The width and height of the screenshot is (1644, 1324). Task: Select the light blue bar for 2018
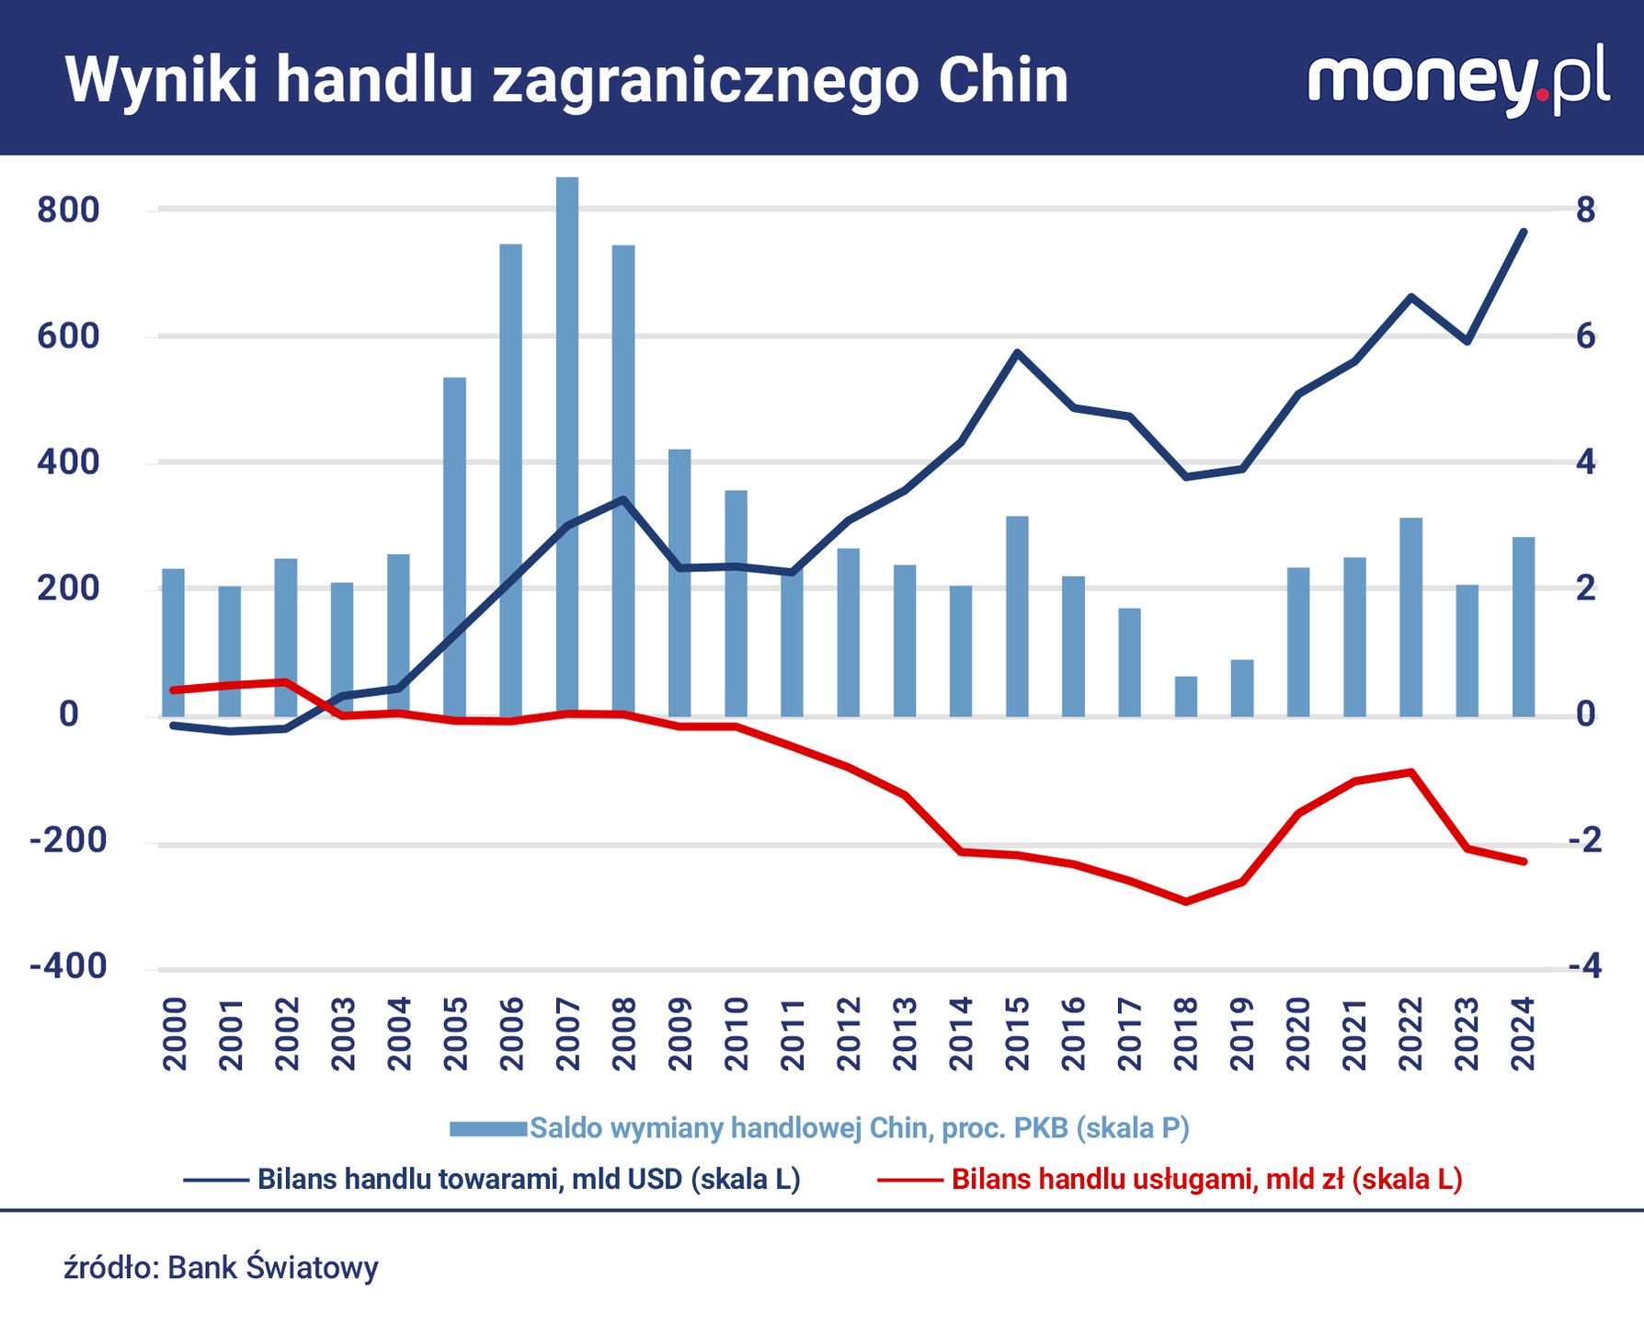pyautogui.click(x=1186, y=696)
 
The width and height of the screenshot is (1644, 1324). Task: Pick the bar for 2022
pyautogui.click(x=1410, y=616)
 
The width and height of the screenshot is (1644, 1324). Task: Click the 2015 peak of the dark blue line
pyautogui.click(x=1017, y=352)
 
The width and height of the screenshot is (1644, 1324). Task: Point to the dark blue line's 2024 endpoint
pyautogui.click(x=1524, y=232)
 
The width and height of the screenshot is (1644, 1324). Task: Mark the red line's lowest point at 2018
pyautogui.click(x=1186, y=901)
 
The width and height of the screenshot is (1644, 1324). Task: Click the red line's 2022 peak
pyautogui.click(x=1410, y=771)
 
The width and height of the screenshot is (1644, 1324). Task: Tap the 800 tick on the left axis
pyautogui.click(x=68, y=210)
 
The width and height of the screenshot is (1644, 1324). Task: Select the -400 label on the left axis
pyautogui.click(x=68, y=966)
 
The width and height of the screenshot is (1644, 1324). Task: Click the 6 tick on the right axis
pyautogui.click(x=1585, y=337)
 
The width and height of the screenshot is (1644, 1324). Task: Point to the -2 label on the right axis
pyautogui.click(x=1584, y=839)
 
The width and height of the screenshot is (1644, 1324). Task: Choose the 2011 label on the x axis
pyautogui.click(x=793, y=1034)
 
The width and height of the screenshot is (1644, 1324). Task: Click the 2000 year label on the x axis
pyautogui.click(x=175, y=1034)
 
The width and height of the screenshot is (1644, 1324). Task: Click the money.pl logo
pyautogui.click(x=1457, y=79)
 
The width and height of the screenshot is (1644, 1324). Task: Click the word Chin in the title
pyautogui.click(x=1003, y=81)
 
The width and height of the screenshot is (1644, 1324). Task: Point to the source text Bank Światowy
pyautogui.click(x=272, y=1268)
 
